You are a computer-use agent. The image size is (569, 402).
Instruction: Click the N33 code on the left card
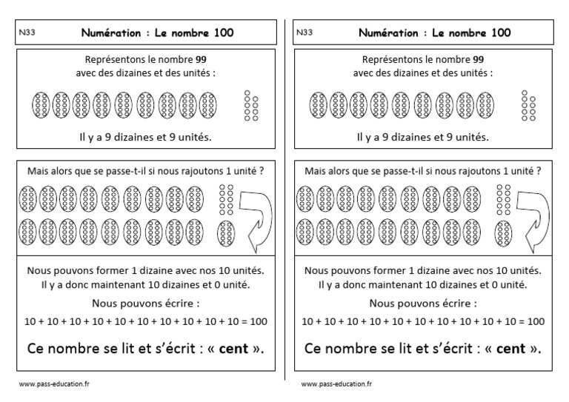pos(26,33)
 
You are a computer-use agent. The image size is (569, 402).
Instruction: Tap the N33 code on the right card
pos(305,33)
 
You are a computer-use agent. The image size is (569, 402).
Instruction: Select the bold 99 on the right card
pos(478,59)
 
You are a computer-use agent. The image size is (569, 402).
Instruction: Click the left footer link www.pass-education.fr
pos(53,384)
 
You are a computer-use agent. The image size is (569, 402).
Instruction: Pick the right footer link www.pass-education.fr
pos(336,384)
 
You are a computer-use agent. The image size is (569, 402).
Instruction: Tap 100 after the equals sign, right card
pos(535,322)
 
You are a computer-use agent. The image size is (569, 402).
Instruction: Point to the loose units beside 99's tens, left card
pos(251,106)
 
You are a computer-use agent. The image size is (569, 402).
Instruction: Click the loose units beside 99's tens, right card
pos(529,106)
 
